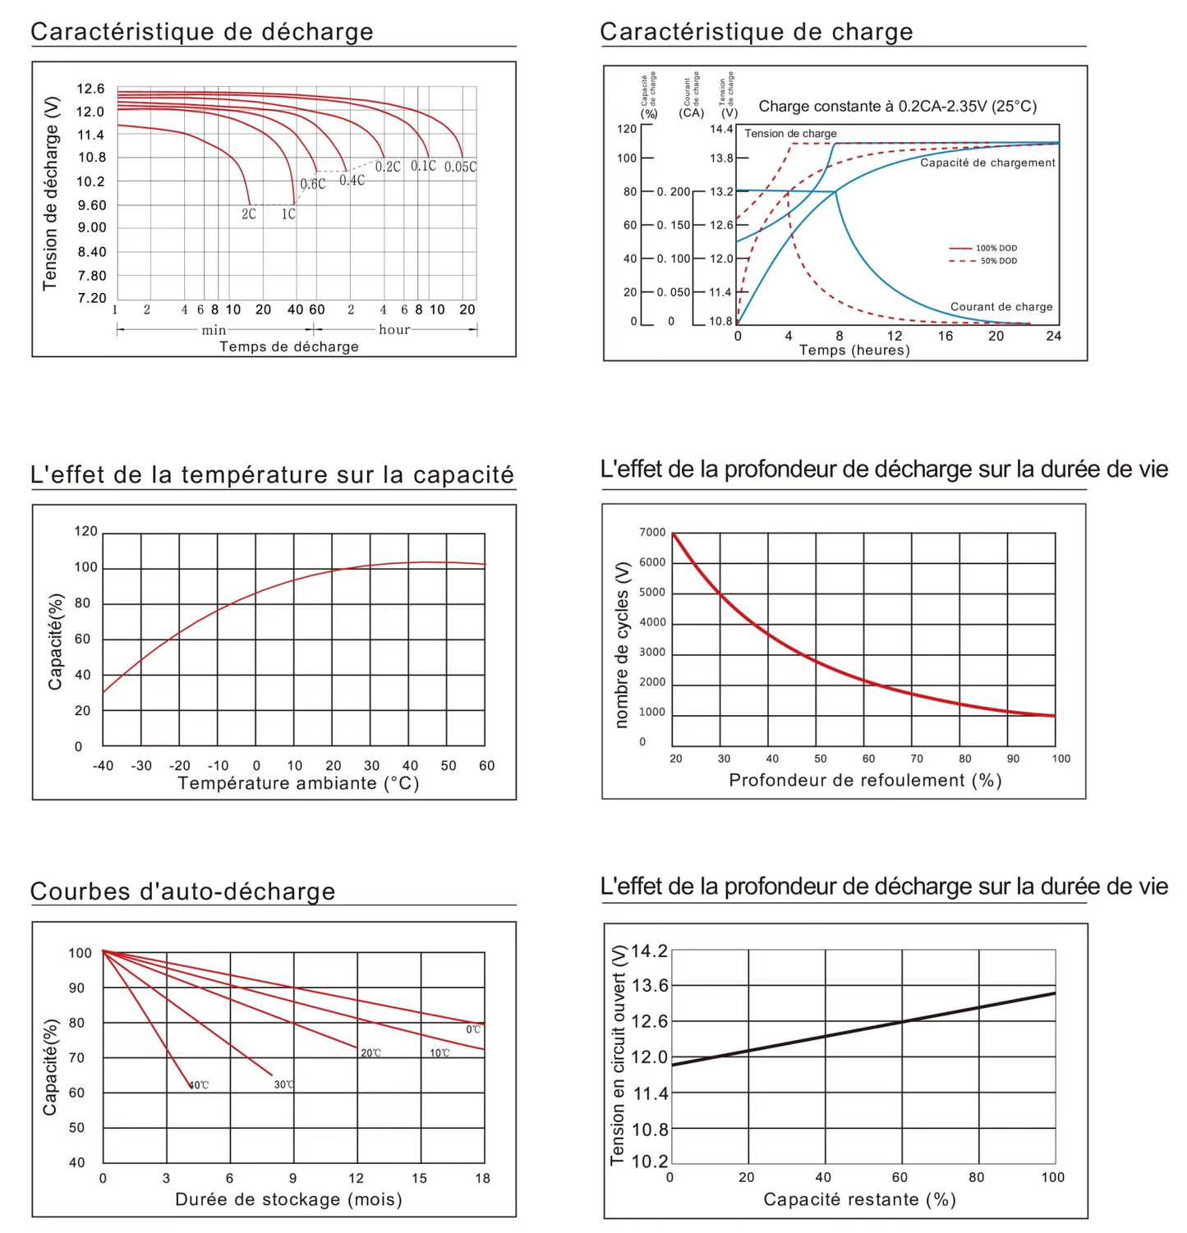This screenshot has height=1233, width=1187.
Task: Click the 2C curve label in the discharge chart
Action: pyautogui.click(x=249, y=213)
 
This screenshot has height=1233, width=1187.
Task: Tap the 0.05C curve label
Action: pyautogui.click(x=460, y=167)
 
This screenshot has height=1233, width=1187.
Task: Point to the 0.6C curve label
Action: pyautogui.click(x=312, y=184)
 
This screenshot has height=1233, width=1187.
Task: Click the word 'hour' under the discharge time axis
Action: pyautogui.click(x=394, y=329)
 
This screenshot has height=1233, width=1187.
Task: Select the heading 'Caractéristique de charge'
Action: pyautogui.click(x=756, y=32)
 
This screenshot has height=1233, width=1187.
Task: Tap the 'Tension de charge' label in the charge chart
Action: pyautogui.click(x=790, y=133)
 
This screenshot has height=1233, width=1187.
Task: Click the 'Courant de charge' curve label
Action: pyautogui.click(x=1001, y=306)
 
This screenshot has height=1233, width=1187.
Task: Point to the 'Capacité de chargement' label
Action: pyautogui.click(x=987, y=163)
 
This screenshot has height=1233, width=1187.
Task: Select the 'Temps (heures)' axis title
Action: pyautogui.click(x=854, y=351)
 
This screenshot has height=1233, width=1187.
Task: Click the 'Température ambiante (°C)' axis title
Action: pyautogui.click(x=298, y=783)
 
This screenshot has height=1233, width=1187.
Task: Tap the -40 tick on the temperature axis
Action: pyautogui.click(x=103, y=766)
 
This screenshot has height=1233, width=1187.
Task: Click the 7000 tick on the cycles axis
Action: pyautogui.click(x=652, y=532)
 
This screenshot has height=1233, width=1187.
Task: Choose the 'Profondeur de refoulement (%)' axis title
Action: pyautogui.click(x=865, y=780)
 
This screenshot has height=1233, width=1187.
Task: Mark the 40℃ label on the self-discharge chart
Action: pyautogui.click(x=199, y=1085)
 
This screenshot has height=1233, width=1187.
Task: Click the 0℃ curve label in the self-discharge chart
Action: pyautogui.click(x=473, y=1029)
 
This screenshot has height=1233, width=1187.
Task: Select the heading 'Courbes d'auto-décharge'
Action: pyautogui.click(x=182, y=892)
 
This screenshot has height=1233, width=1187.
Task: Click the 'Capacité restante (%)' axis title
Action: pyautogui.click(x=859, y=1199)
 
